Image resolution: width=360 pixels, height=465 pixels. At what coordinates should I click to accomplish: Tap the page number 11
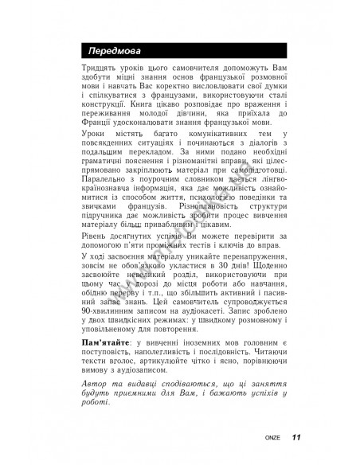click(295, 436)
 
